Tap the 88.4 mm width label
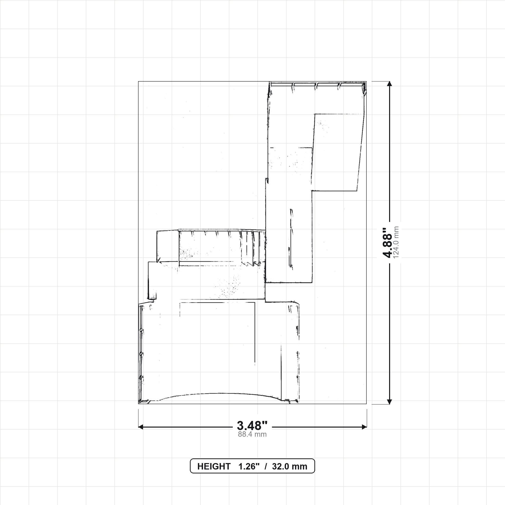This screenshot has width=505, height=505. (252, 434)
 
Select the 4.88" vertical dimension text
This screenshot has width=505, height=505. (387, 243)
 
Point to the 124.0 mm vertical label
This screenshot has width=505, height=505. (396, 243)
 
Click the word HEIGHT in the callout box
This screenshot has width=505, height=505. (214, 466)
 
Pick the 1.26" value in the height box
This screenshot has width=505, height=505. (249, 466)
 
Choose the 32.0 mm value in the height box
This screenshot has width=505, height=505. (290, 466)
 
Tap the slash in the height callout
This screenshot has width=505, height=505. (266, 466)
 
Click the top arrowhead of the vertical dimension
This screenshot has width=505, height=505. (389, 84)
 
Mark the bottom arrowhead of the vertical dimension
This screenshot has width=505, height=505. (389, 401)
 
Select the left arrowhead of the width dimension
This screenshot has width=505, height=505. (141, 427)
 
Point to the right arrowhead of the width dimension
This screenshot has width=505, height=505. (364, 427)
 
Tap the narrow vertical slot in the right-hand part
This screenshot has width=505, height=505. (291, 239)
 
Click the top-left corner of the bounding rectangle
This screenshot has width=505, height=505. (138, 81)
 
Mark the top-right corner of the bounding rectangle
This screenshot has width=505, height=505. (366, 81)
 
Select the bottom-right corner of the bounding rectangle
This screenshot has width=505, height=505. (366, 404)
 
